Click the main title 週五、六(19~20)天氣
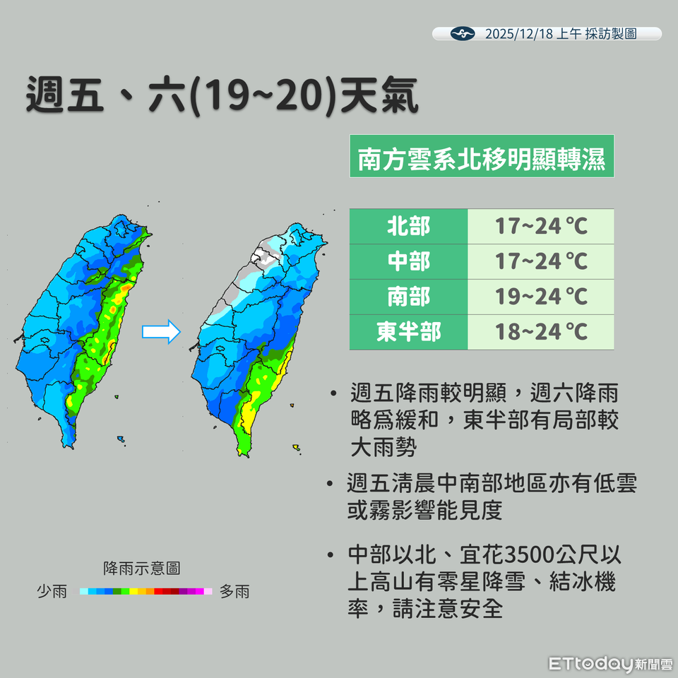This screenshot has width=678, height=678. click(x=222, y=95)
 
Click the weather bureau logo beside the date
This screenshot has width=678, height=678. click(x=463, y=34)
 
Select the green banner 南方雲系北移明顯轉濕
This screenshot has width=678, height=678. click(x=481, y=157)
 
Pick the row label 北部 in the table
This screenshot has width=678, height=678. click(x=408, y=227)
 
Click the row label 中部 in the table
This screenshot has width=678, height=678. click(x=408, y=261)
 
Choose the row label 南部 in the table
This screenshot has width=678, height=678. click(x=408, y=297)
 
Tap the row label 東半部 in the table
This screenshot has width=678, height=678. click(x=408, y=331)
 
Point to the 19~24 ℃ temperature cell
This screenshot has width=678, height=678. click(x=541, y=297)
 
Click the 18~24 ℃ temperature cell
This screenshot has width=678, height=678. click(x=541, y=331)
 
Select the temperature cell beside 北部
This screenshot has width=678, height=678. click(x=541, y=227)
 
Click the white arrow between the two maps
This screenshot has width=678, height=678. click(x=161, y=333)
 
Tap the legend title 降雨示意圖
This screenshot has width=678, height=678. click(x=141, y=568)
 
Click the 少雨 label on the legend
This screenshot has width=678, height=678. click(x=52, y=592)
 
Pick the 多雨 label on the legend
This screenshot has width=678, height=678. click(x=234, y=592)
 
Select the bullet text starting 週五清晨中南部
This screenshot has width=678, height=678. click(x=492, y=497)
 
